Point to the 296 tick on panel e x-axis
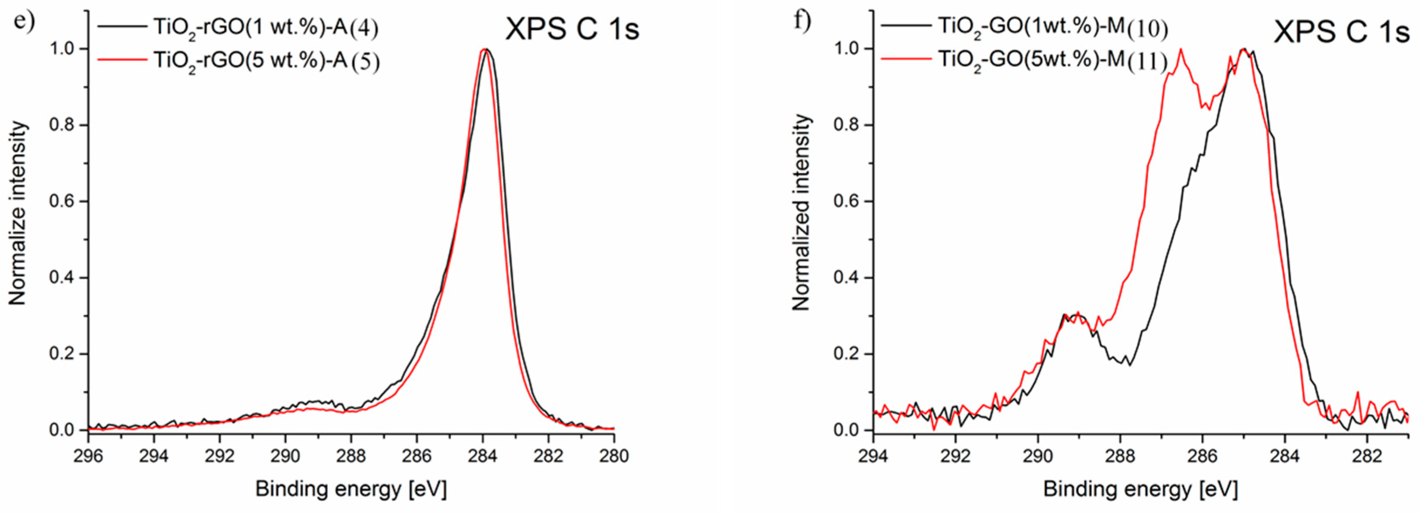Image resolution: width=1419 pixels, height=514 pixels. click(x=88, y=456)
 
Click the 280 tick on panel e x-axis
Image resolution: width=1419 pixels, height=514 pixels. click(x=614, y=456)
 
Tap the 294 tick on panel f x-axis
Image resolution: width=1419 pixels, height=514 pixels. click(x=873, y=456)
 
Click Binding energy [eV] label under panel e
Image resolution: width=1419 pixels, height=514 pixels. click(x=351, y=489)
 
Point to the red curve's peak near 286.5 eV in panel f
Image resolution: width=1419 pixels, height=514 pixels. click(x=1180, y=50)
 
